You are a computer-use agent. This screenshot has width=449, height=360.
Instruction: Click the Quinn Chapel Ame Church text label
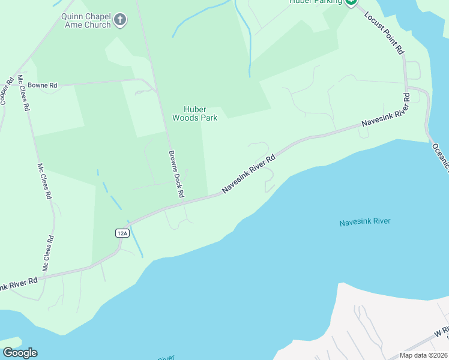[85, 21]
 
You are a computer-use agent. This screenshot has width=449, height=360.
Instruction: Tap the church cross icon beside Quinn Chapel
[120, 20]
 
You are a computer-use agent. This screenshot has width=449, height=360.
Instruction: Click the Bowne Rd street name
[41, 86]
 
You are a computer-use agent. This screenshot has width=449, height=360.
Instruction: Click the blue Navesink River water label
[365, 221]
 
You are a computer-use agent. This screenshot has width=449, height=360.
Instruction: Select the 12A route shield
[122, 233]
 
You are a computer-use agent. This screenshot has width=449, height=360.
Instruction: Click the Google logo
[20, 353]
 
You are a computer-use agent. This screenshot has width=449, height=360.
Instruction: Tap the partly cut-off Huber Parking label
[315, 2]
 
